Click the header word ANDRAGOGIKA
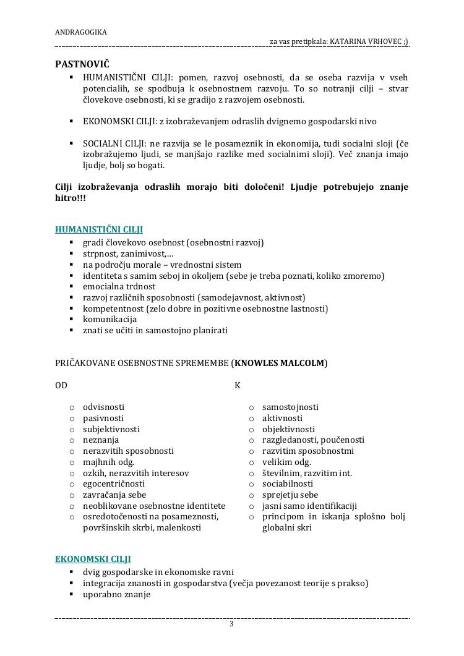[81, 32]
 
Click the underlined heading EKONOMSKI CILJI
[93, 559]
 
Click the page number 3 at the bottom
[232, 624]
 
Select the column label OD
[61, 385]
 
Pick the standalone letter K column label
[238, 385]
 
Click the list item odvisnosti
[103, 407]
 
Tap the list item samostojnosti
[290, 407]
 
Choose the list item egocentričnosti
[114, 483]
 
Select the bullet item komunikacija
[110, 319]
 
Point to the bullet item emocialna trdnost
[119, 286]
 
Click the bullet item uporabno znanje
[117, 594]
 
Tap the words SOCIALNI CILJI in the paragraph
[112, 143]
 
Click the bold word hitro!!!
[71, 198]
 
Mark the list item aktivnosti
[282, 418]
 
